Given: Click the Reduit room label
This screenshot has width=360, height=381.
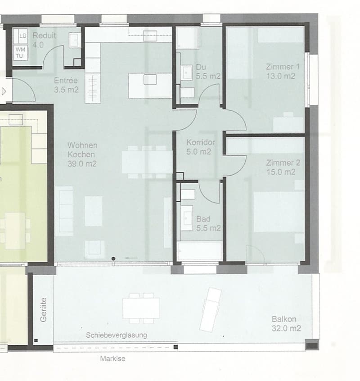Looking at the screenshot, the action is [x=44, y=36].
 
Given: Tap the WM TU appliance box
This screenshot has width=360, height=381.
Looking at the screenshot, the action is [x=20, y=53].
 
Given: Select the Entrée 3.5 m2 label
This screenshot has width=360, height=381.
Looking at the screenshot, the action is [x=66, y=85].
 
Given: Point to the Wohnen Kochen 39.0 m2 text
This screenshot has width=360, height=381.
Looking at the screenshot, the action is [x=82, y=154].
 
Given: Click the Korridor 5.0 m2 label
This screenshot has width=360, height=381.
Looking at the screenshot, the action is [x=201, y=147].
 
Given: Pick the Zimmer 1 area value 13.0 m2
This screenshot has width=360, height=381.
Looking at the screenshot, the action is [x=281, y=76].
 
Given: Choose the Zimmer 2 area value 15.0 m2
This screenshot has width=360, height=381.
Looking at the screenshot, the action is [x=281, y=172].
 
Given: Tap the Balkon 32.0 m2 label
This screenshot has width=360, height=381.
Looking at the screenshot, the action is [x=286, y=324].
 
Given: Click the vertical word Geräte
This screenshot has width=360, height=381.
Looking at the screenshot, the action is [x=43, y=310].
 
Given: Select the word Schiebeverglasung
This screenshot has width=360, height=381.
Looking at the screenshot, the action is [x=117, y=335].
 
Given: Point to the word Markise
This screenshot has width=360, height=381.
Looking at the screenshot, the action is [x=112, y=358].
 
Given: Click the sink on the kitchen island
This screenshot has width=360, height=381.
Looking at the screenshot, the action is [x=150, y=79].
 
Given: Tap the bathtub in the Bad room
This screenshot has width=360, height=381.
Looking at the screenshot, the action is [x=199, y=251].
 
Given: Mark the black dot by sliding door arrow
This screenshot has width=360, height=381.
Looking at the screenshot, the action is [x=113, y=259].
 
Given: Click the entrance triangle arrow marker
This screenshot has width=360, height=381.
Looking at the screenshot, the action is [x=4, y=91].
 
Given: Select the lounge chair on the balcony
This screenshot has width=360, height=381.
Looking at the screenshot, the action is [x=210, y=309].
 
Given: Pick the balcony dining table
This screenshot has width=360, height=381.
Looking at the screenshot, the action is [x=141, y=308].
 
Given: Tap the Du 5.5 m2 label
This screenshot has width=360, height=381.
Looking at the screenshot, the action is [x=208, y=72].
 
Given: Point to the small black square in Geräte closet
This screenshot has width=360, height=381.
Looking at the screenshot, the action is [x=36, y=340].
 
